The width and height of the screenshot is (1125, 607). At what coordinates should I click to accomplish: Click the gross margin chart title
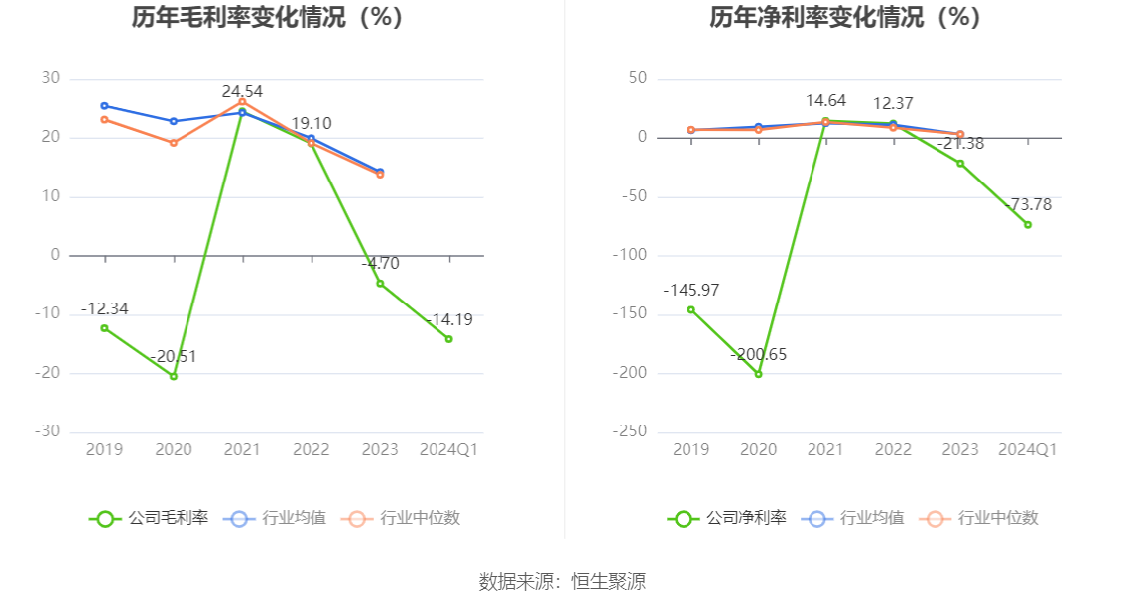click(267, 17)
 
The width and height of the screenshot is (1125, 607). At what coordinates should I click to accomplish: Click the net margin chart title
click(845, 17)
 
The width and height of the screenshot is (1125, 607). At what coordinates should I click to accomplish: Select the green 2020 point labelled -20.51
click(174, 376)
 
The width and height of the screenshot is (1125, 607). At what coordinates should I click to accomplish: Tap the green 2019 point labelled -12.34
click(105, 328)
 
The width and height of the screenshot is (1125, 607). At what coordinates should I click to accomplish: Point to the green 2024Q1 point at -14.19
click(449, 338)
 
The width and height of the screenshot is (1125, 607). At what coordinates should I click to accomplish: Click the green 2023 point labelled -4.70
click(380, 284)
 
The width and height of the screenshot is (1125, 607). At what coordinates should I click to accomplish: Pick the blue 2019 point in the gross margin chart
click(105, 106)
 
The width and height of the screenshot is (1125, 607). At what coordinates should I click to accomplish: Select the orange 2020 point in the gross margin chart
click(174, 143)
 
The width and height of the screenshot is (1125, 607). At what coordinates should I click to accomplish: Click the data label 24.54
click(242, 92)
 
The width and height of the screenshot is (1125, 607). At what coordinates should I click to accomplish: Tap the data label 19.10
click(312, 123)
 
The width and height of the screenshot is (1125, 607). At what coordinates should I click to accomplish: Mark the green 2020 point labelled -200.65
click(758, 374)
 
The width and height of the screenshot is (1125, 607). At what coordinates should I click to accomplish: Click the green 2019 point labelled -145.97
click(690, 310)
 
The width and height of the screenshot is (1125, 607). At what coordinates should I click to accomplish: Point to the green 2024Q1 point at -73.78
click(1028, 224)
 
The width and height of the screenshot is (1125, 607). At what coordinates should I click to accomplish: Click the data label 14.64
click(825, 101)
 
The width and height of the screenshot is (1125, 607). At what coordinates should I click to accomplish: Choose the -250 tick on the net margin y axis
click(629, 431)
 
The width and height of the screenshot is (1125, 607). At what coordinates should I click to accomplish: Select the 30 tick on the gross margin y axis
click(51, 78)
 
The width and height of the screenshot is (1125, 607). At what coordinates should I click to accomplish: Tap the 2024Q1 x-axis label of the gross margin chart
click(448, 450)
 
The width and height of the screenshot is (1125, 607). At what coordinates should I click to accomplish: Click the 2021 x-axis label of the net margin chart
click(825, 450)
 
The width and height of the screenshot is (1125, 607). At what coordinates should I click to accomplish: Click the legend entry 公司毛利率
click(149, 518)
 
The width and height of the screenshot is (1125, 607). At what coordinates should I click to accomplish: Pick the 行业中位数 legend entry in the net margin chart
click(978, 518)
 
